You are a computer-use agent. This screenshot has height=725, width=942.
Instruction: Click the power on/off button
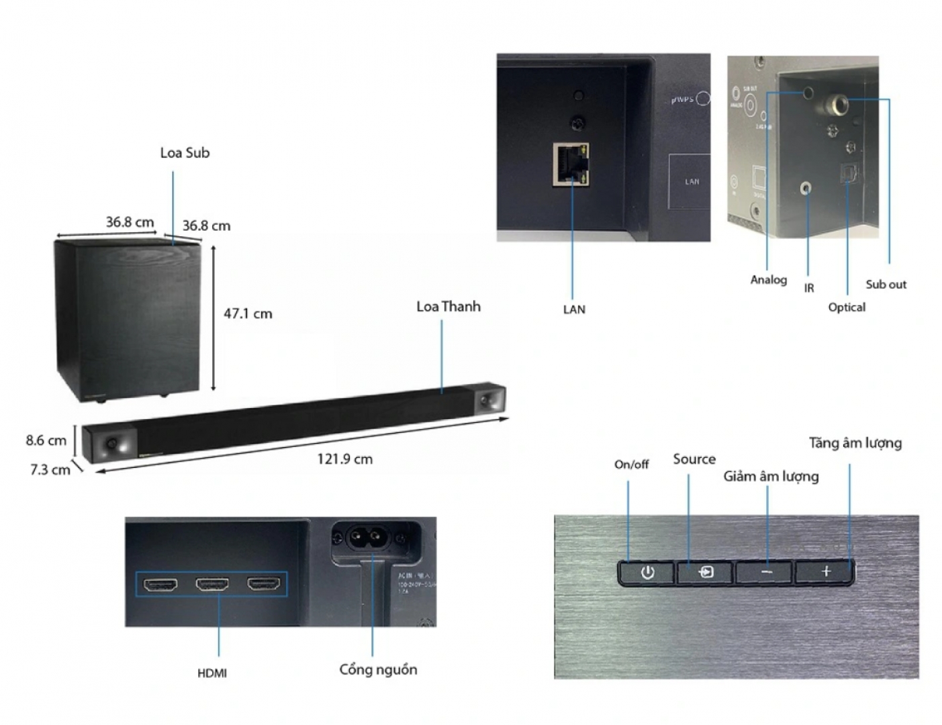coord(647,573)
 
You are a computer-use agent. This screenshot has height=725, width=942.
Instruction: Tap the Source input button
coord(705,573)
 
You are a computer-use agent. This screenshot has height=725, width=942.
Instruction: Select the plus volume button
coord(825,572)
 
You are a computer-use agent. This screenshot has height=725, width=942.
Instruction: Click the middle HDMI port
coord(212,584)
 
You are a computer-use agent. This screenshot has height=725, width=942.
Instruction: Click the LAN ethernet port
coord(571,163)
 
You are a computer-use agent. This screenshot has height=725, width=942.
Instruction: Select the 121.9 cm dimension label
coord(344,459)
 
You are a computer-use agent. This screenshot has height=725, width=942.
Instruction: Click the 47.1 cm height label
coord(248,313)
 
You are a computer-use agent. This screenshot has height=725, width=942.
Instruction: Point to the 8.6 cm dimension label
coord(46,440)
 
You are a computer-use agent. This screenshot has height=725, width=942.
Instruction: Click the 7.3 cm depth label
coord(50,470)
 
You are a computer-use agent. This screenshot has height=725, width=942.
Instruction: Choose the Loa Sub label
coord(185,153)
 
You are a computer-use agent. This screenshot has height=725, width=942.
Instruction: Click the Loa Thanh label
coord(449,307)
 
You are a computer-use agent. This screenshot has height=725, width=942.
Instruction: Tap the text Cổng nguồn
coord(378,669)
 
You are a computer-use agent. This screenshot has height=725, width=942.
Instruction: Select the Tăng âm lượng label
coord(855,443)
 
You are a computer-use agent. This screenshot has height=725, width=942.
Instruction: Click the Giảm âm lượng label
coord(771,477)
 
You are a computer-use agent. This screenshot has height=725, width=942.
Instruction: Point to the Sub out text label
coord(886,284)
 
